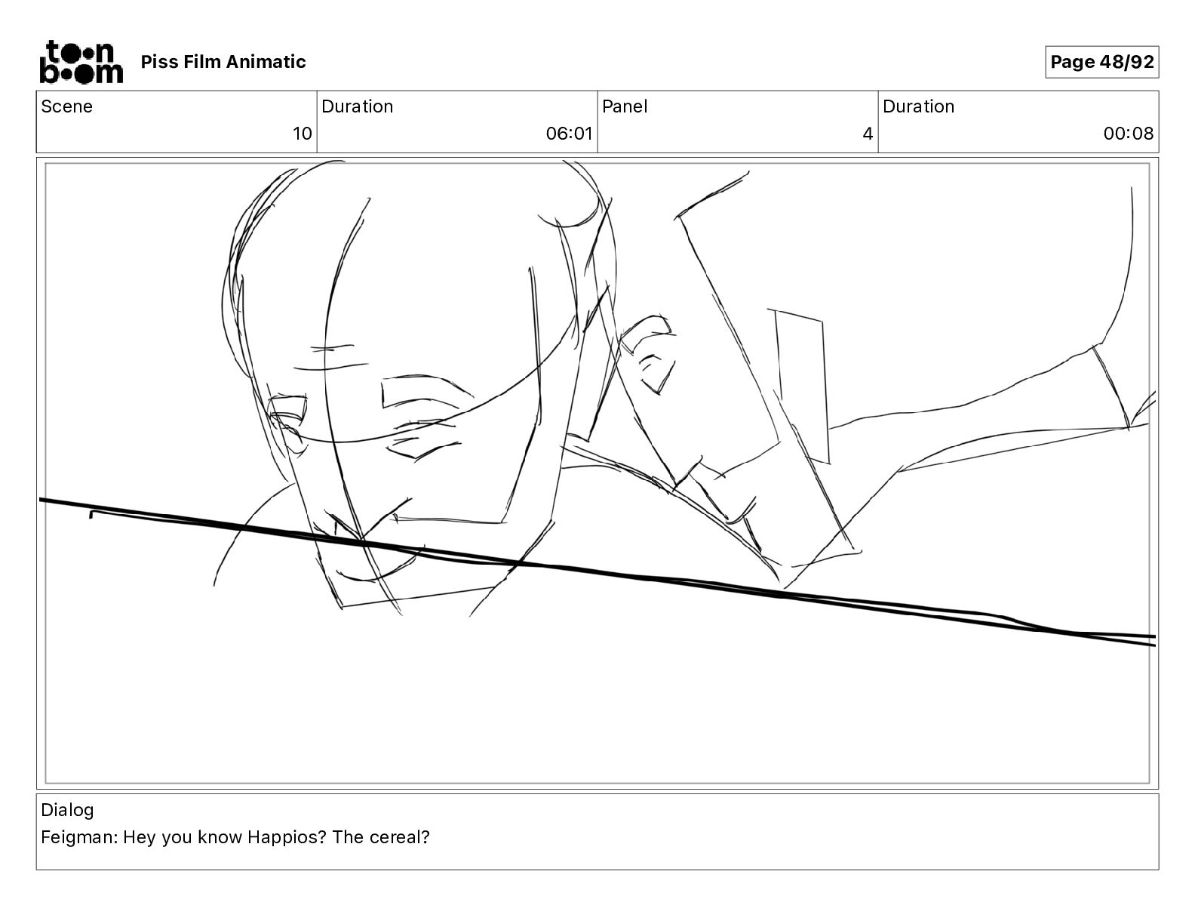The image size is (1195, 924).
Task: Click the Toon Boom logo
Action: [x=81, y=62]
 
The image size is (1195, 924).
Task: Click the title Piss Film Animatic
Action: [x=223, y=62]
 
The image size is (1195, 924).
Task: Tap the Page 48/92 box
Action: [x=1101, y=62]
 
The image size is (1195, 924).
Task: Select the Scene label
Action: [x=66, y=106]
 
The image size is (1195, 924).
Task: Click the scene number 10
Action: [x=302, y=133]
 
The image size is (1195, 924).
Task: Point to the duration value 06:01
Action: [x=569, y=133]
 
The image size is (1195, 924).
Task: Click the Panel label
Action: [x=624, y=106]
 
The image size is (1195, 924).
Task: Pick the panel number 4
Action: [x=868, y=133]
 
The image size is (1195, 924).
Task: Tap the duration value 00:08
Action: [x=1128, y=133]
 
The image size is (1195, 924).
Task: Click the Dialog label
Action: [x=67, y=810]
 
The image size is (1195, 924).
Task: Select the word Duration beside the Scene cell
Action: [x=358, y=106]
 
